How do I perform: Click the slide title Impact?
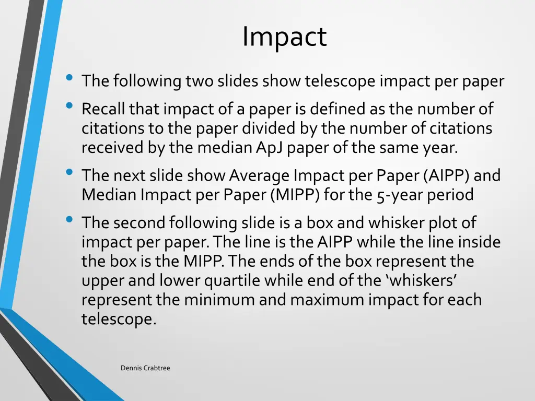284,37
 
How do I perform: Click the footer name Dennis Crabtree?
145,368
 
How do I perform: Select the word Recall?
103,109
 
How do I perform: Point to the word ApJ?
270,148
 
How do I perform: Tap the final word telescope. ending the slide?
119,319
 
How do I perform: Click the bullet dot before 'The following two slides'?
68,79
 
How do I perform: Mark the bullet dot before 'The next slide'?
68,173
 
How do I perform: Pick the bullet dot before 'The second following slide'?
68,220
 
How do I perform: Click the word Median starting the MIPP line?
108,195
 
